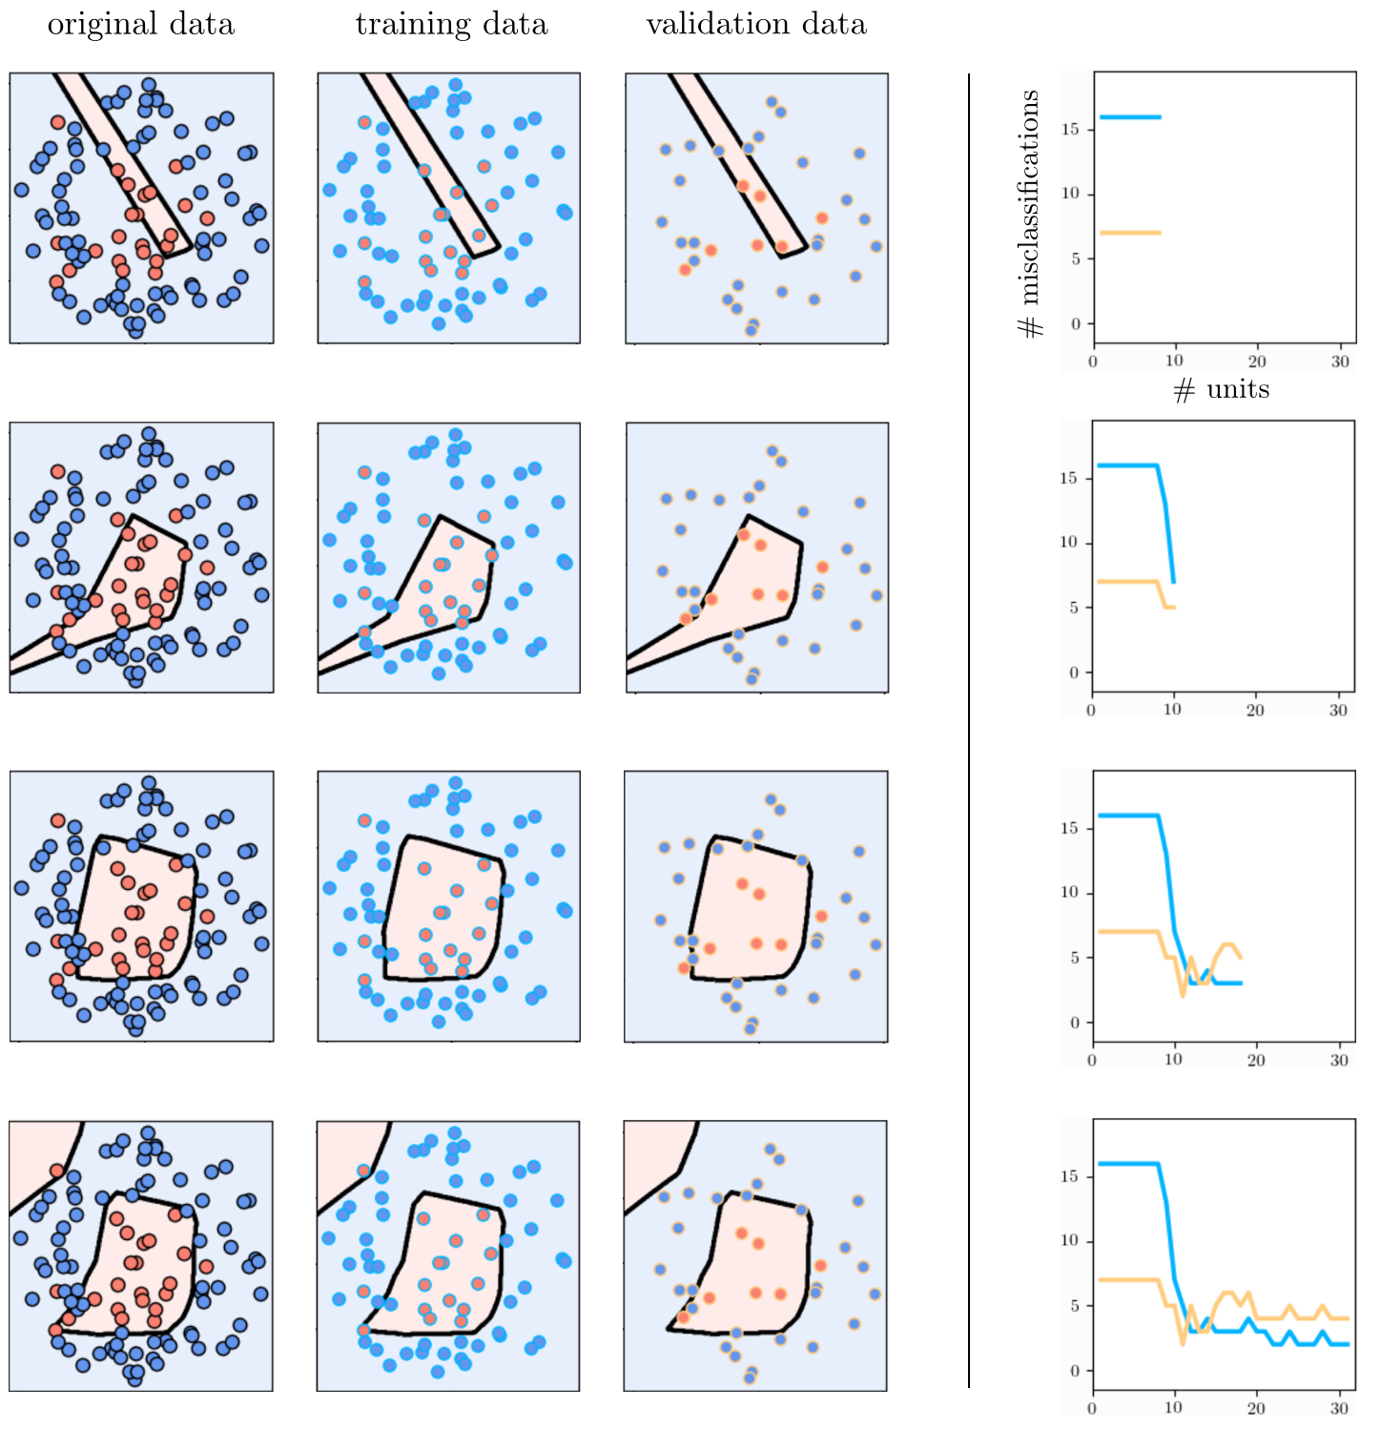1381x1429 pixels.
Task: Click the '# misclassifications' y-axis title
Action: pos(1030,214)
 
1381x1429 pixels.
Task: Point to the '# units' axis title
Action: pos(1221,389)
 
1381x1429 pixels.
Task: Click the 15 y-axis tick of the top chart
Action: pos(1071,129)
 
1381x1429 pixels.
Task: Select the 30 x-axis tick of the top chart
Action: pos(1340,361)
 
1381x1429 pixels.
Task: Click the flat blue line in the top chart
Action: pos(1130,117)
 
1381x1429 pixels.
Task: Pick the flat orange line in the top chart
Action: pos(1130,233)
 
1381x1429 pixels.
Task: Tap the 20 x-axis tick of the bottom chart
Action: pos(1256,1408)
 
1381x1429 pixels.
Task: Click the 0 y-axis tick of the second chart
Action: pos(1075,673)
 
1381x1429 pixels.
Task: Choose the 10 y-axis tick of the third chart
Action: pos(1071,893)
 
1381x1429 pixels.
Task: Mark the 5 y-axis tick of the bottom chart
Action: pos(1075,1306)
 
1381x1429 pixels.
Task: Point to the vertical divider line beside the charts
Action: pos(969,731)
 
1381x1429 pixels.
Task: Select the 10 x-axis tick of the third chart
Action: pos(1173,1060)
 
